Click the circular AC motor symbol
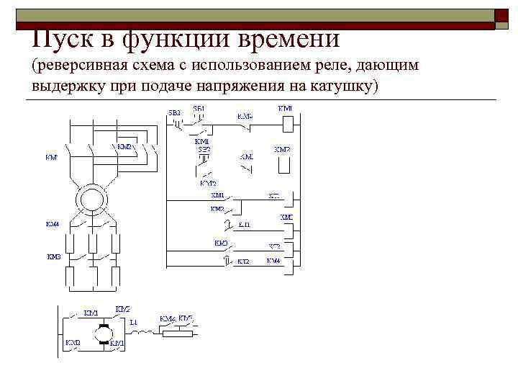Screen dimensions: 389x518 pos(92,196)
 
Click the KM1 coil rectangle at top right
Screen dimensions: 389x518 pos(286,122)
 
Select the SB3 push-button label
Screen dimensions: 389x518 pos(175,113)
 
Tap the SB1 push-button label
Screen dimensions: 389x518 pos(199,109)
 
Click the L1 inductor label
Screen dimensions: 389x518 pos(133,322)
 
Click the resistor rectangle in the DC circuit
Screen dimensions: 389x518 pos(180,333)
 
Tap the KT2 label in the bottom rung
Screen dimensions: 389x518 pos(242,261)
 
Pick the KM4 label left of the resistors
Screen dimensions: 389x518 pos(53,225)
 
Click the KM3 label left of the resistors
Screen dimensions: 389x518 pos(54,256)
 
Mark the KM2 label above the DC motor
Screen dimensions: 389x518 pos(122,309)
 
